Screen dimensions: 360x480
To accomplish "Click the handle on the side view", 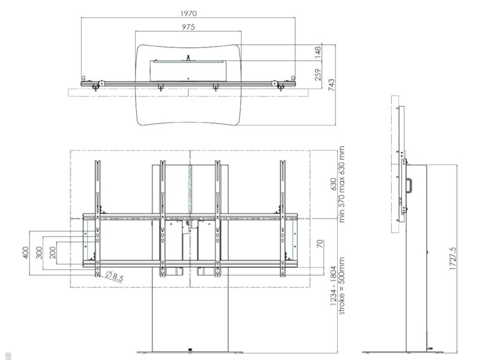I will pos(410,184).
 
